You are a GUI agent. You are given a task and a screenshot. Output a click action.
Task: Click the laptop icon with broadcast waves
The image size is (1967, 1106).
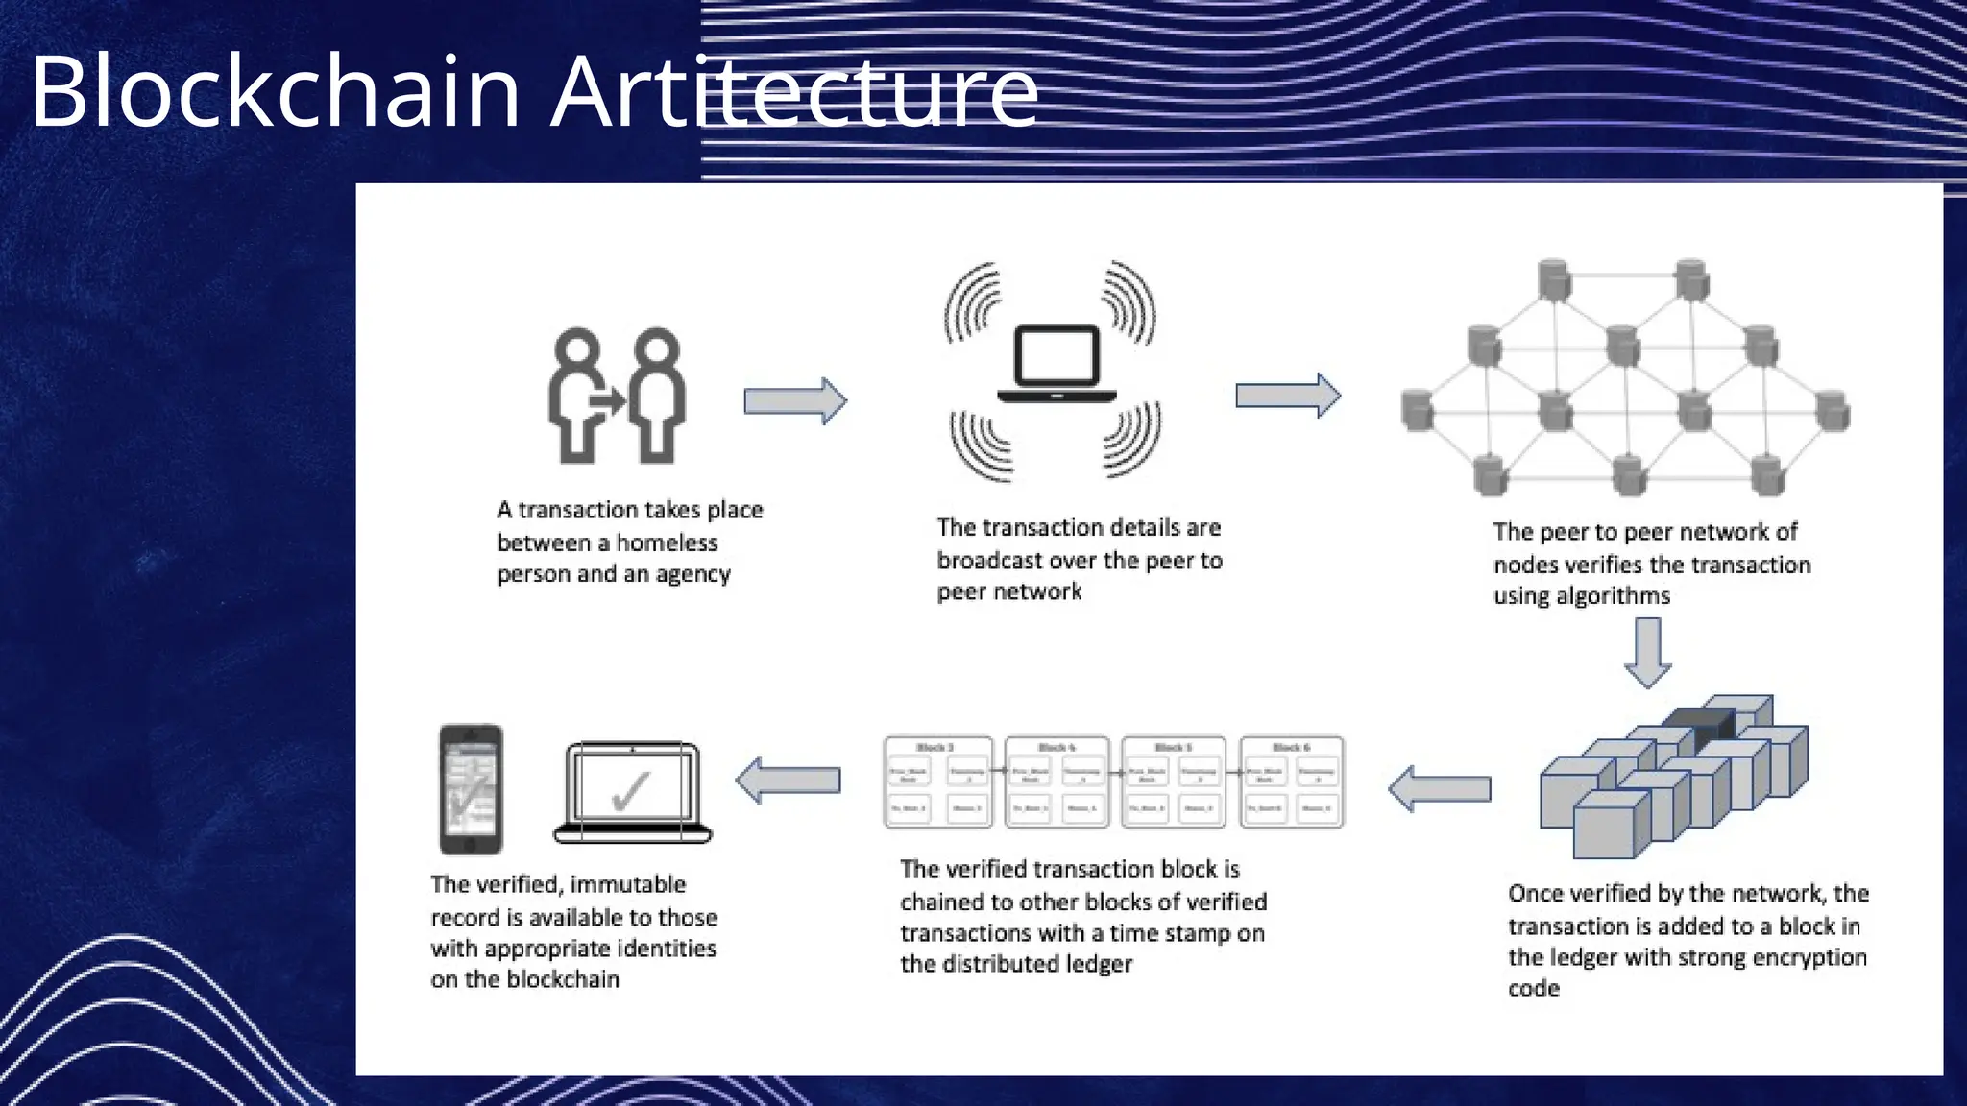pyautogui.click(x=1056, y=365)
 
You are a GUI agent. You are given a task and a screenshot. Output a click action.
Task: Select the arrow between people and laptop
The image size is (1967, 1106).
pyautogui.click(x=795, y=400)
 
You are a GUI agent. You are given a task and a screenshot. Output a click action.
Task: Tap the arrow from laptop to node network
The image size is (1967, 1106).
pyautogui.click(x=1287, y=395)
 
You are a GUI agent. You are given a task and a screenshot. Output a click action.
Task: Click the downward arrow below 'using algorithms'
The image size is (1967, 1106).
pyautogui.click(x=1648, y=653)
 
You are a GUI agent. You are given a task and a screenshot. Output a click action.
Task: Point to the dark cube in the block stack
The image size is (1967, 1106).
pyautogui.click(x=1700, y=726)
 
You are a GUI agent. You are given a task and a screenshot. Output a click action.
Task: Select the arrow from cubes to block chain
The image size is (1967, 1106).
pyautogui.click(x=1440, y=789)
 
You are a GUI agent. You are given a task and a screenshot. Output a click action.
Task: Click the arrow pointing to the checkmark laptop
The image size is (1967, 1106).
pyautogui.click(x=788, y=780)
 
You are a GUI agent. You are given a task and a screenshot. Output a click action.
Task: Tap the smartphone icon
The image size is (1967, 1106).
pyautogui.click(x=471, y=789)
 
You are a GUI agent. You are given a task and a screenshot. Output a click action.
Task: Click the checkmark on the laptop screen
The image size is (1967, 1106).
pyautogui.click(x=631, y=791)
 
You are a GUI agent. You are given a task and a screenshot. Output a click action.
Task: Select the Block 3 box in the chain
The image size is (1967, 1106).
pyautogui.click(x=937, y=782)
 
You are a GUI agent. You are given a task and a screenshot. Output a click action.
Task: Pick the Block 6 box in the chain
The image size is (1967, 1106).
pyautogui.click(x=1291, y=782)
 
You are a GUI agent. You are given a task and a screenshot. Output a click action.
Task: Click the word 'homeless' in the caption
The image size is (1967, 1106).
pyautogui.click(x=667, y=542)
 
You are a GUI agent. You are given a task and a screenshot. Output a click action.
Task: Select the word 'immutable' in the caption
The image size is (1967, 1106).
pyautogui.click(x=628, y=884)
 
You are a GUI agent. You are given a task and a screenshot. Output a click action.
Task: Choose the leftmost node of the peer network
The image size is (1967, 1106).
pyautogui.click(x=1418, y=410)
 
